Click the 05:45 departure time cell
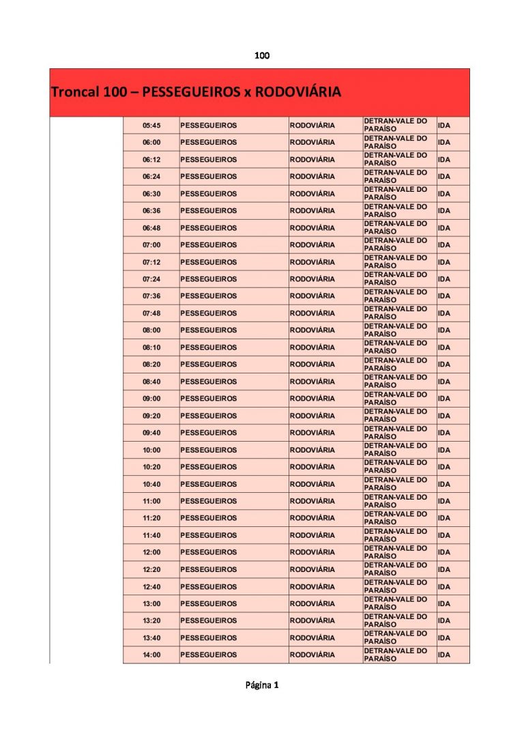point(151,126)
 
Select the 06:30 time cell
point(151,194)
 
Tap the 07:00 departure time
point(151,245)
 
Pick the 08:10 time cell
point(151,347)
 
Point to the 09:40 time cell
point(151,433)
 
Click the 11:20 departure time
point(151,518)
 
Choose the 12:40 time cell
point(151,586)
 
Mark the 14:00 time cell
point(151,655)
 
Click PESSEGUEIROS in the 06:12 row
point(208,160)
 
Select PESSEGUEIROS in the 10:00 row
point(208,450)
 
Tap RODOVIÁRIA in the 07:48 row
point(312,313)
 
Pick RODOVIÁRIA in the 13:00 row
point(312,603)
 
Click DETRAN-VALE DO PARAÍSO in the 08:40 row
point(396,382)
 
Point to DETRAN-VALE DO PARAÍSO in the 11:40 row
point(396,535)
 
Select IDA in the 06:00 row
point(444,143)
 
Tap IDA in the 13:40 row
point(444,638)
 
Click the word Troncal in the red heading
point(75,91)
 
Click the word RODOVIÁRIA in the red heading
point(297,91)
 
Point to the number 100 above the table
point(262,55)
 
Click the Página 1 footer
point(262,685)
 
